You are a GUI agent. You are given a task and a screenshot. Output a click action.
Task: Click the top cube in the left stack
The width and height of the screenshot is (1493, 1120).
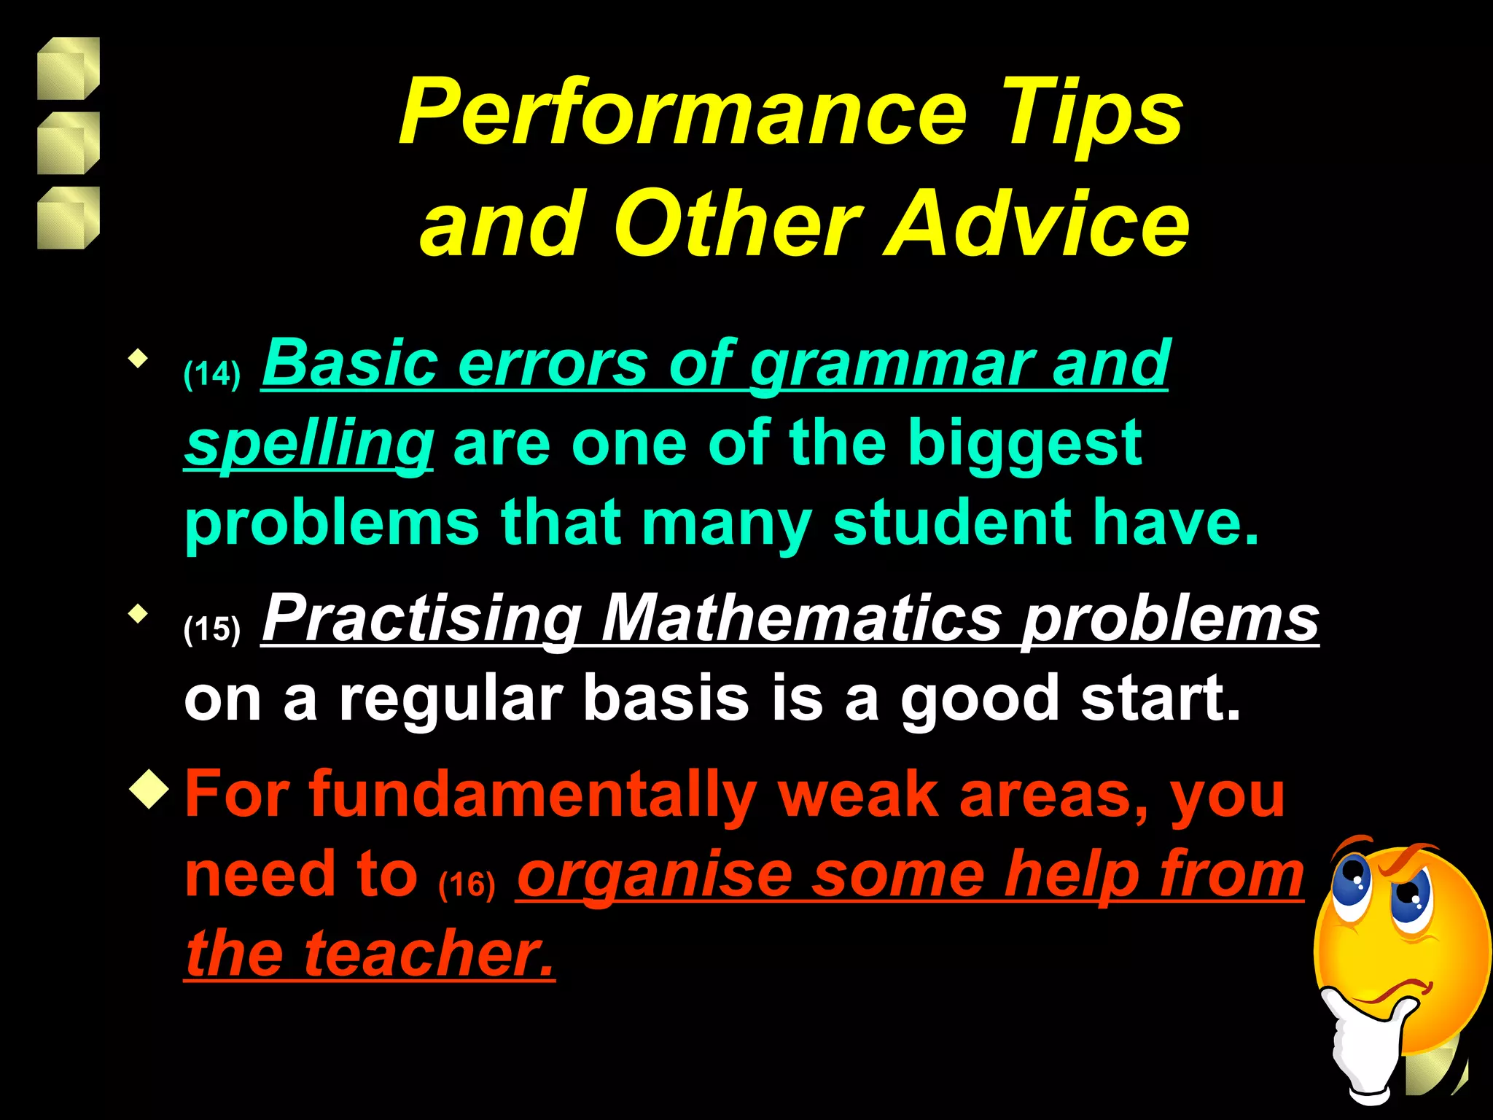click(x=68, y=69)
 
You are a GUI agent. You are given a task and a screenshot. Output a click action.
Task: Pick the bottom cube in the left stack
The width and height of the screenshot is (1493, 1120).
click(x=68, y=218)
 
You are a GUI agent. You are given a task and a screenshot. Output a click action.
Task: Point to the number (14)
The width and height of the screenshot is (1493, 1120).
click(x=211, y=374)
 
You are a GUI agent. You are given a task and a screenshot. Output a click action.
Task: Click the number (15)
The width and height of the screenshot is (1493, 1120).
click(x=211, y=629)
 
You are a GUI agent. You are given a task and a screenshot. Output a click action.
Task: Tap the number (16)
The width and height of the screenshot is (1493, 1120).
click(x=467, y=884)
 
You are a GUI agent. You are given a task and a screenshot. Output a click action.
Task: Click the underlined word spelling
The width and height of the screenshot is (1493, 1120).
click(x=309, y=445)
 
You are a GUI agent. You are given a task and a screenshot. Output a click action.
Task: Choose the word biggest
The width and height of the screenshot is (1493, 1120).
click(x=1024, y=445)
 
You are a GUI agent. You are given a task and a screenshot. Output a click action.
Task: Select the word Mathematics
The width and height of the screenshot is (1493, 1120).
click(x=802, y=618)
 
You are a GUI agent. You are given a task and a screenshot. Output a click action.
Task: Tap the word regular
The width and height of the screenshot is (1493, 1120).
click(x=451, y=699)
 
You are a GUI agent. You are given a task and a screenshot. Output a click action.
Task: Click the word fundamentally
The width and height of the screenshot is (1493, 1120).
click(x=533, y=795)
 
